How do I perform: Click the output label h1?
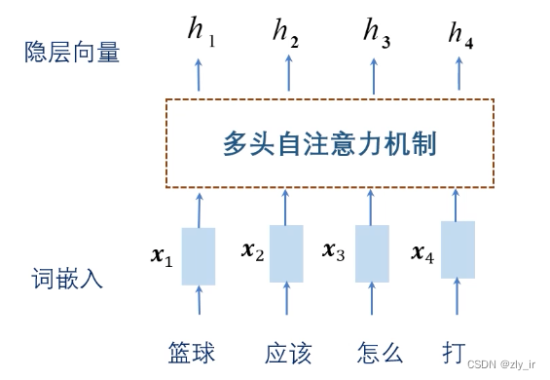click(x=202, y=32)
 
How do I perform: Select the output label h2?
click(x=286, y=33)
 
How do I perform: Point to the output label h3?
click(x=377, y=33)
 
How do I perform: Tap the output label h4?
click(x=460, y=35)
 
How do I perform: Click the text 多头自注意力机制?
click(x=330, y=143)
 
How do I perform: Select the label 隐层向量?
click(x=72, y=52)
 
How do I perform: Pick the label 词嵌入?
click(x=67, y=278)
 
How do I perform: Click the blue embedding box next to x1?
click(x=199, y=256)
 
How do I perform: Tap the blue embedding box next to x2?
click(x=286, y=253)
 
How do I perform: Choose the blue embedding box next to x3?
click(x=372, y=253)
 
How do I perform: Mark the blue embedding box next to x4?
click(x=458, y=249)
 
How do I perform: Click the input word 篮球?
click(x=192, y=353)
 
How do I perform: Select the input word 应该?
click(x=288, y=353)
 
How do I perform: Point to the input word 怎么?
click(x=380, y=353)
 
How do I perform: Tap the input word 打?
click(x=454, y=353)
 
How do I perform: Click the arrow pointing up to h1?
click(x=199, y=75)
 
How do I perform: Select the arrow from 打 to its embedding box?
click(x=457, y=295)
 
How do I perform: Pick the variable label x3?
click(x=333, y=251)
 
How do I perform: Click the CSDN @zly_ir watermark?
click(x=501, y=364)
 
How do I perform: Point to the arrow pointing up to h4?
click(x=458, y=74)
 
